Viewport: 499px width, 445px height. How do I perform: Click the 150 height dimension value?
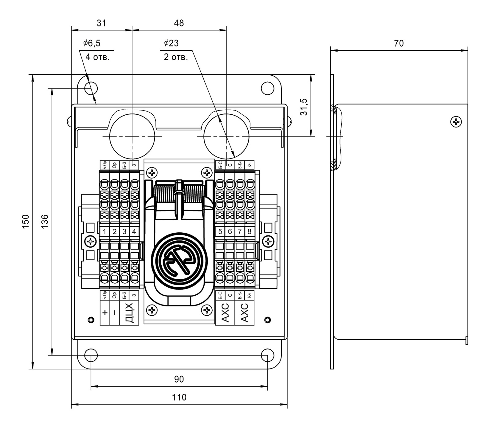click(x=26, y=221)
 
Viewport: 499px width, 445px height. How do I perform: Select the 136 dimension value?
click(x=45, y=221)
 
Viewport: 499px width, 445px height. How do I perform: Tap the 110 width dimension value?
click(x=179, y=397)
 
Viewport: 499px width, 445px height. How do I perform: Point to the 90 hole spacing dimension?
click(x=179, y=379)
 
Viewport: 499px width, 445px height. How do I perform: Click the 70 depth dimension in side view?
click(x=399, y=43)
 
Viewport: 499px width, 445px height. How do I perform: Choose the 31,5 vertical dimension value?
click(x=304, y=107)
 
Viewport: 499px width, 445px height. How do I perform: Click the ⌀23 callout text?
click(x=171, y=43)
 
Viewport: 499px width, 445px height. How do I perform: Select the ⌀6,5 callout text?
click(x=92, y=43)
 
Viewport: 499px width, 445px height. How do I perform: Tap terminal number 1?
click(x=105, y=231)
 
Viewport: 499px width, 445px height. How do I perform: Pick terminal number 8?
click(x=249, y=231)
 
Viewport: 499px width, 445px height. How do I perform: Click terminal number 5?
click(x=220, y=231)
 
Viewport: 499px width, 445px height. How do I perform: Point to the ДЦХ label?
click(x=129, y=313)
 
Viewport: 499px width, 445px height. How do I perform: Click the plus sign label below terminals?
click(x=105, y=313)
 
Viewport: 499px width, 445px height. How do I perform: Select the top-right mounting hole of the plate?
click(x=267, y=88)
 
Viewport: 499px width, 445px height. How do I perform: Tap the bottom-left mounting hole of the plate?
click(x=91, y=355)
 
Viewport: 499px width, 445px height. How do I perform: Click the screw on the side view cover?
click(x=457, y=122)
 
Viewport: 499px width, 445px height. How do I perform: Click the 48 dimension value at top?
click(x=179, y=23)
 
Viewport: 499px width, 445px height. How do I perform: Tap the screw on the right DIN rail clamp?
click(x=269, y=242)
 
